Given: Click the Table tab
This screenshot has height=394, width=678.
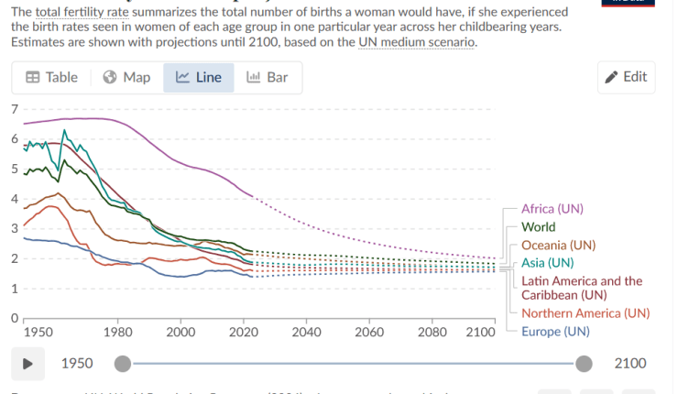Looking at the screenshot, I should point(51,77).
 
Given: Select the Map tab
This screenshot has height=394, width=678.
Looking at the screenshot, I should point(126,77).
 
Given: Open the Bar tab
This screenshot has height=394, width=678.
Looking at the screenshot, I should point(267,77).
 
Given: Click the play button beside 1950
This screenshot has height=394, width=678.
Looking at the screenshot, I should point(28,363).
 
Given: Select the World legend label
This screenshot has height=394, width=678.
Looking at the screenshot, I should point(538,226).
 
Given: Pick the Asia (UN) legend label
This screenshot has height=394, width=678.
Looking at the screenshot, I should point(547,263).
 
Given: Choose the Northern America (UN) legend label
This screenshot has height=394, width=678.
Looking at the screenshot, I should point(585,312).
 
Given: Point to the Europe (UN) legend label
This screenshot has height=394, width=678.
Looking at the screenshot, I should point(555,331).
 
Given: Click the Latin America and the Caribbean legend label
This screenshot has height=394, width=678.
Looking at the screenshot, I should point(581,288).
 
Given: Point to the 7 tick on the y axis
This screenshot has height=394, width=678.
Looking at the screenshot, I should point(13,109).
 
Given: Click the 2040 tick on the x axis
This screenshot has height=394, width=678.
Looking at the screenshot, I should point(306,331).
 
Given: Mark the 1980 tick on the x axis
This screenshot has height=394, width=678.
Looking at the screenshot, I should point(118,331).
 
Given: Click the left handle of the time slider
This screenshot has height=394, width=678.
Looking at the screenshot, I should point(123,364).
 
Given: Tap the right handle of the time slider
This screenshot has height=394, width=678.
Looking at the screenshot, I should point(585,364).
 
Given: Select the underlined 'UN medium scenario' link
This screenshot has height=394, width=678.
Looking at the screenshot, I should point(416,43).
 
